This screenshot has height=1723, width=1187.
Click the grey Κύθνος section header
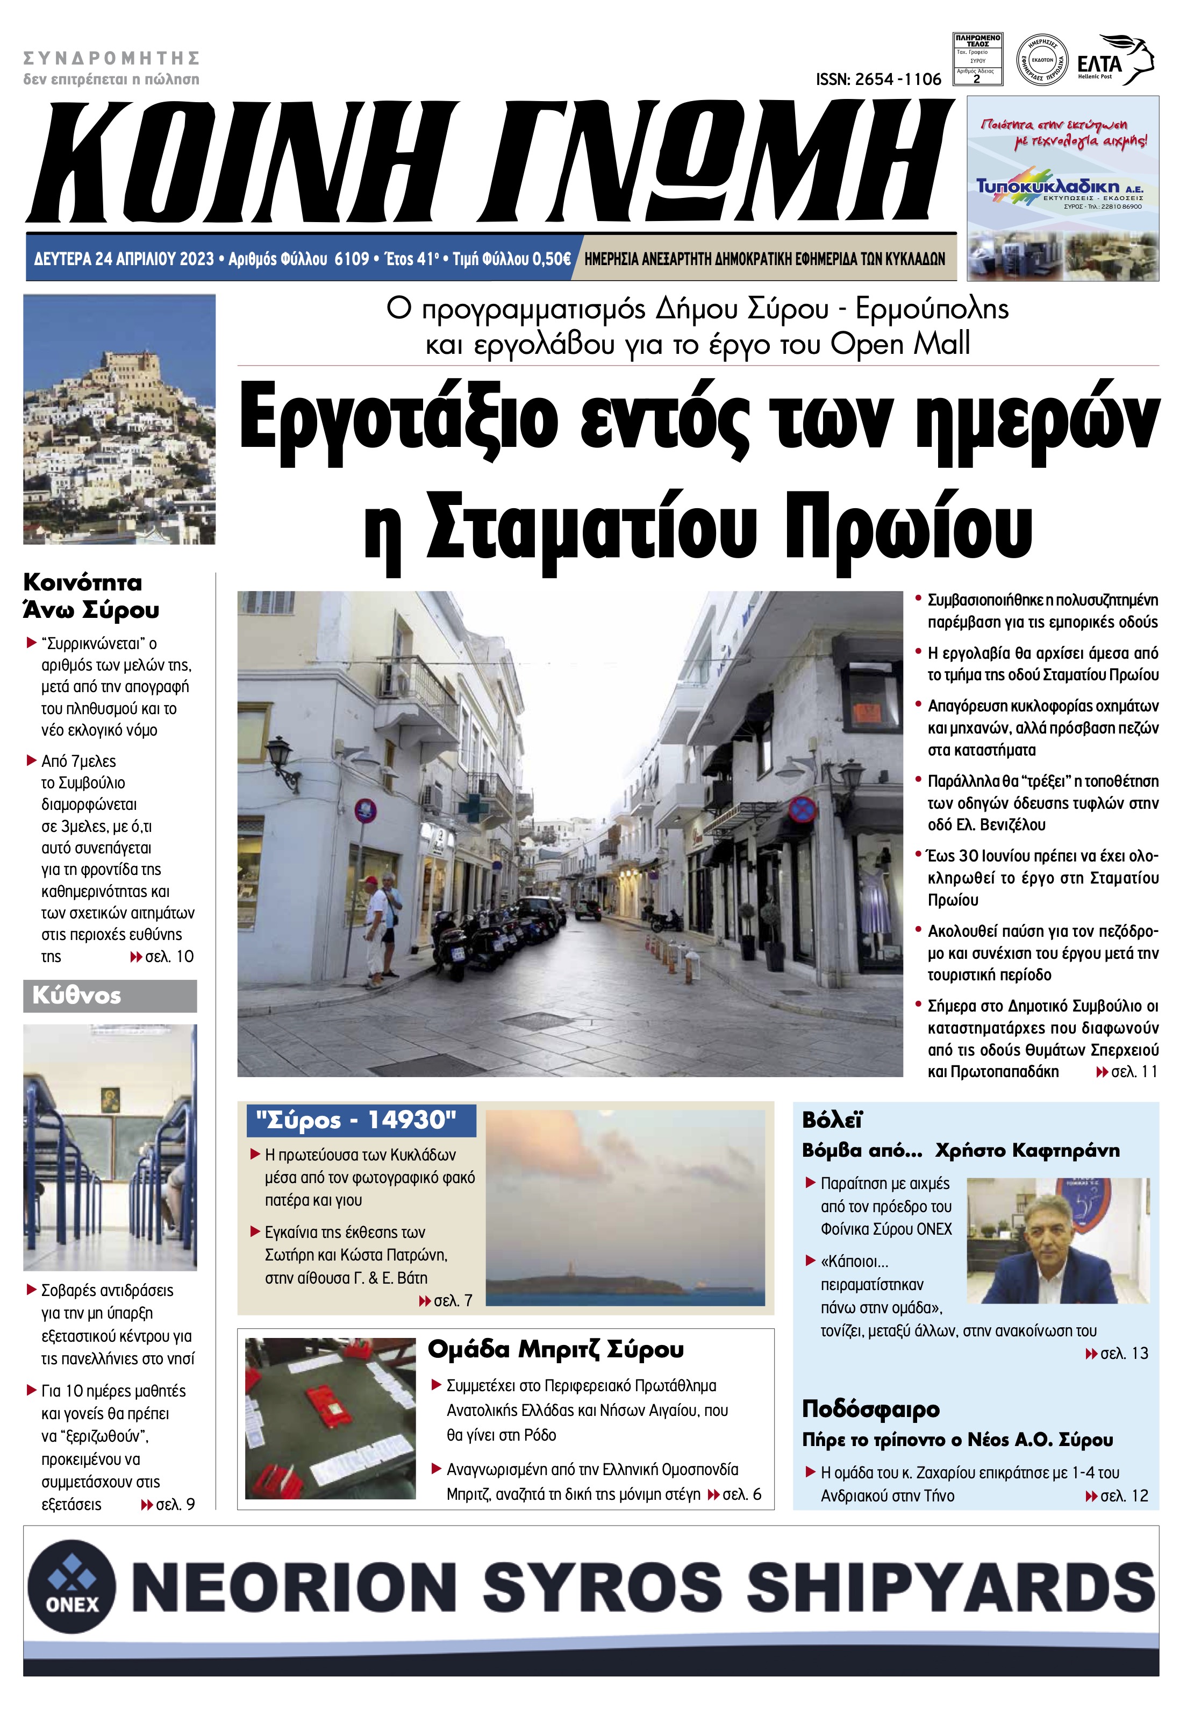pyautogui.click(x=110, y=995)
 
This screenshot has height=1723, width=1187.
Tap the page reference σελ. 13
pyautogui.click(x=1124, y=1353)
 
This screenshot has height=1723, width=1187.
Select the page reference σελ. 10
pyautogui.click(x=169, y=956)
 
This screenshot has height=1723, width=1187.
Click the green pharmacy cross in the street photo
pyautogui.click(x=469, y=807)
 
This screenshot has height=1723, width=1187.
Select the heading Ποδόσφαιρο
pyautogui.click(x=870, y=1409)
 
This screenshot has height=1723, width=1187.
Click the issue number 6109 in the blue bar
pyautogui.click(x=352, y=259)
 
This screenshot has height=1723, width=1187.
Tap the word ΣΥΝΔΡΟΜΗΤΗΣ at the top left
pyautogui.click(x=112, y=58)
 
